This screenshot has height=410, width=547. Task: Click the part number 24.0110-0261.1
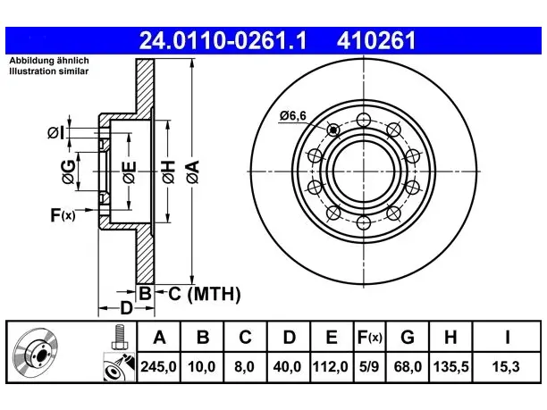223,41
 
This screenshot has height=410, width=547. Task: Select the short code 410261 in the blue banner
376,41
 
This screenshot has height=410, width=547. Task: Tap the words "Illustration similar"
49,71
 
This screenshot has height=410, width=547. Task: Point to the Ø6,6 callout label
293,115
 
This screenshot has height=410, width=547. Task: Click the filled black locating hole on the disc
334,130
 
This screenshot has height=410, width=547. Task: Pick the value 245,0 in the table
158,367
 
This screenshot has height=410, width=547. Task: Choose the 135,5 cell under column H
450,367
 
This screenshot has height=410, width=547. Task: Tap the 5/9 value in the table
369,367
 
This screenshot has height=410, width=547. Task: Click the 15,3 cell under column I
506,367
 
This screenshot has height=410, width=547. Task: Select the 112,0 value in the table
331,367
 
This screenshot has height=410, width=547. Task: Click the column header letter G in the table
408,337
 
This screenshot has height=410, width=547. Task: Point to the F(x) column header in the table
370,337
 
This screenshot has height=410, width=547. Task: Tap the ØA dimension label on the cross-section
193,172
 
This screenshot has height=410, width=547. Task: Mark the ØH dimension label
168,172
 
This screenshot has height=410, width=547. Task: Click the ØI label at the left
55,133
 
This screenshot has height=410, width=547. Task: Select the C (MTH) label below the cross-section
205,294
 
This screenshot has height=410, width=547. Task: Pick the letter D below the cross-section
126,308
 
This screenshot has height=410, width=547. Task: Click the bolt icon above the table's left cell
120,337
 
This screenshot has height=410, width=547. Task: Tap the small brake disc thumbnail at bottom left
36,354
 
